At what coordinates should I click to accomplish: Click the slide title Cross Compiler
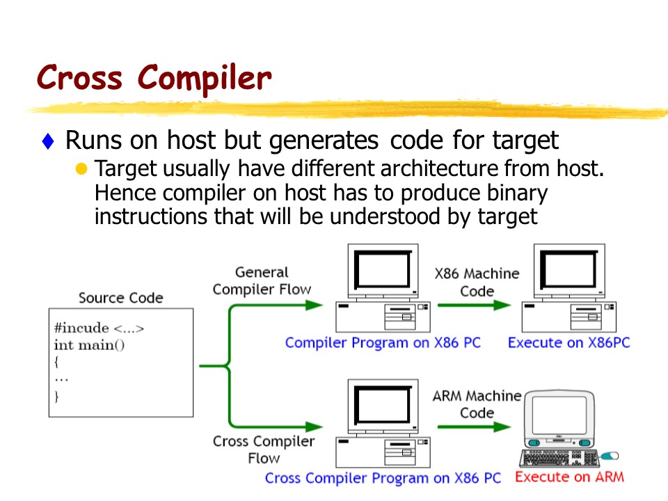[x=153, y=77]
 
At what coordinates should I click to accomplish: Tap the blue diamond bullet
[x=47, y=142]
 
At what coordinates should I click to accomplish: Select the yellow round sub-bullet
[x=82, y=169]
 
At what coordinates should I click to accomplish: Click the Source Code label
[x=120, y=299]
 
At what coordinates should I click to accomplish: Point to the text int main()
[x=89, y=344]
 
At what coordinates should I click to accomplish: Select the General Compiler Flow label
[x=262, y=280]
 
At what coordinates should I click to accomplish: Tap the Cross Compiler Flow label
[x=264, y=450]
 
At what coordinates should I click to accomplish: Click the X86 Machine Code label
[x=477, y=282]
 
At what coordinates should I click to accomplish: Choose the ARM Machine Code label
[x=477, y=404]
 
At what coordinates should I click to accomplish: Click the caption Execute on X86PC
[x=568, y=343]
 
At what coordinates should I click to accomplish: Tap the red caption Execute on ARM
[x=569, y=477]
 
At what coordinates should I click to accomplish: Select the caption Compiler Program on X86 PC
[x=383, y=343]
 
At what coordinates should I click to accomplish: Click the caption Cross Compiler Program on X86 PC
[x=383, y=478]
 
